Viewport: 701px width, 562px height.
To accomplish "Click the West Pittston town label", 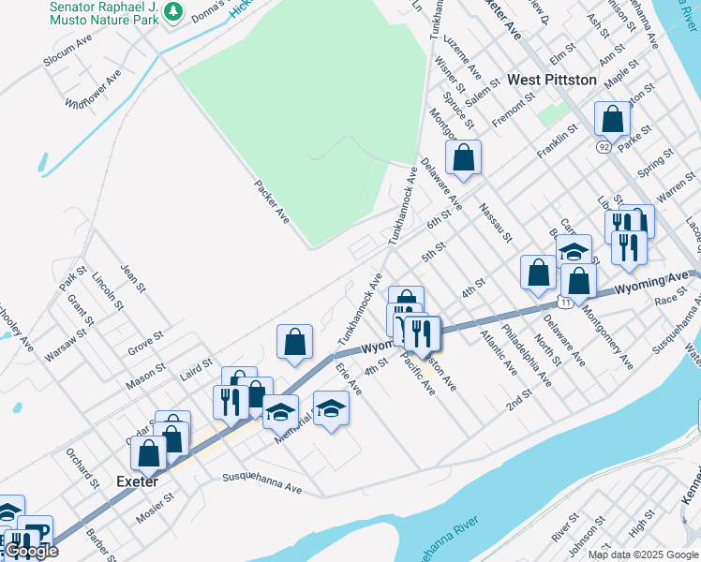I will click(x=552, y=81).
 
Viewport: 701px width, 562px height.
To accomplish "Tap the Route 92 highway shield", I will click(x=602, y=147).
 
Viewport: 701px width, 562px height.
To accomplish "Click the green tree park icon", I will click(x=172, y=11).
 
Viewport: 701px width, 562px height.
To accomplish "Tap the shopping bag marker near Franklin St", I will click(x=612, y=120).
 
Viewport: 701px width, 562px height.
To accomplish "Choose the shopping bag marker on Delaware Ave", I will click(x=463, y=158).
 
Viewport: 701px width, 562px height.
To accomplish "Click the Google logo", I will click(x=31, y=552).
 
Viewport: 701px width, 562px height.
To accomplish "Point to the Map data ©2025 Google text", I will click(x=642, y=555).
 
